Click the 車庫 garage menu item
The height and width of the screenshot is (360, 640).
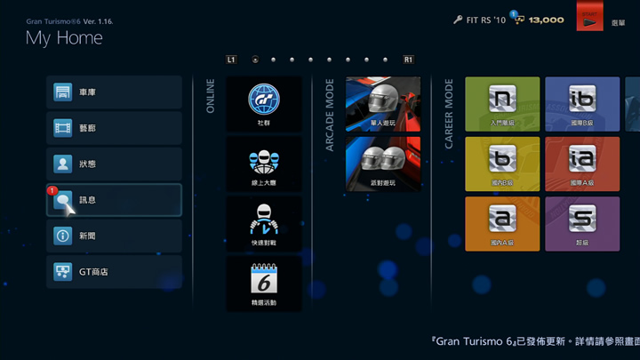point(114,92)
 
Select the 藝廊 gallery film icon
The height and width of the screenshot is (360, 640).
point(63,128)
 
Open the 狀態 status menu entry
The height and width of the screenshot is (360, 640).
point(114,164)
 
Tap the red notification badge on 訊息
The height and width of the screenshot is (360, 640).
point(52,190)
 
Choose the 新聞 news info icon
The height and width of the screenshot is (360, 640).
point(63,236)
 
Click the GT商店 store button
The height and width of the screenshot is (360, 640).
point(114,272)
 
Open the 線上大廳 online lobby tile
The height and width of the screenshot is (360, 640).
point(264,164)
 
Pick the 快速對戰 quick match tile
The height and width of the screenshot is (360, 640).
point(264,224)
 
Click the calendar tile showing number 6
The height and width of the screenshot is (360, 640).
point(264,284)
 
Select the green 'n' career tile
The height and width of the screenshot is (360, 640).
point(502,103)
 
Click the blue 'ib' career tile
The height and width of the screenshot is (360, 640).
point(582,103)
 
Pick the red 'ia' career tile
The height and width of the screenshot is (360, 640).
point(582,164)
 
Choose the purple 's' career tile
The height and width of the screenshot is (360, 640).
point(582,223)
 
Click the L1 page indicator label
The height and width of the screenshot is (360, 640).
point(231,60)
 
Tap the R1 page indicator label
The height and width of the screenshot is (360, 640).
point(408,60)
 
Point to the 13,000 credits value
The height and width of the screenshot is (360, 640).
point(547,20)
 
